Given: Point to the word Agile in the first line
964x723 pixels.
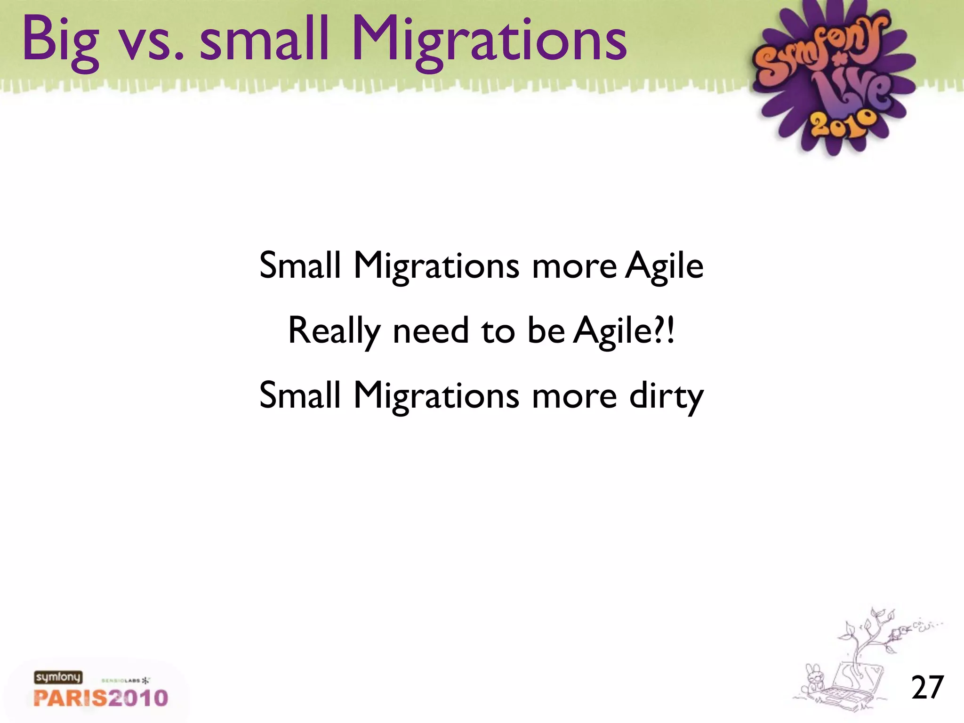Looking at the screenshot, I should (664, 266).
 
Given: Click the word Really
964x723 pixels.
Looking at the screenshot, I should (334, 331).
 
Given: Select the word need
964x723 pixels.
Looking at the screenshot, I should (430, 330).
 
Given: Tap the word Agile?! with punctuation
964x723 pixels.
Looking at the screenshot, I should (625, 331).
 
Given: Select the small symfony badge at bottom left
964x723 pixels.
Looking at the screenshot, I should (57, 677).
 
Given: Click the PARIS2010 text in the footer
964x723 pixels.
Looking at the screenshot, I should (101, 698).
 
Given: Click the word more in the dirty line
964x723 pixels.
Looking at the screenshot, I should (574, 396).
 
